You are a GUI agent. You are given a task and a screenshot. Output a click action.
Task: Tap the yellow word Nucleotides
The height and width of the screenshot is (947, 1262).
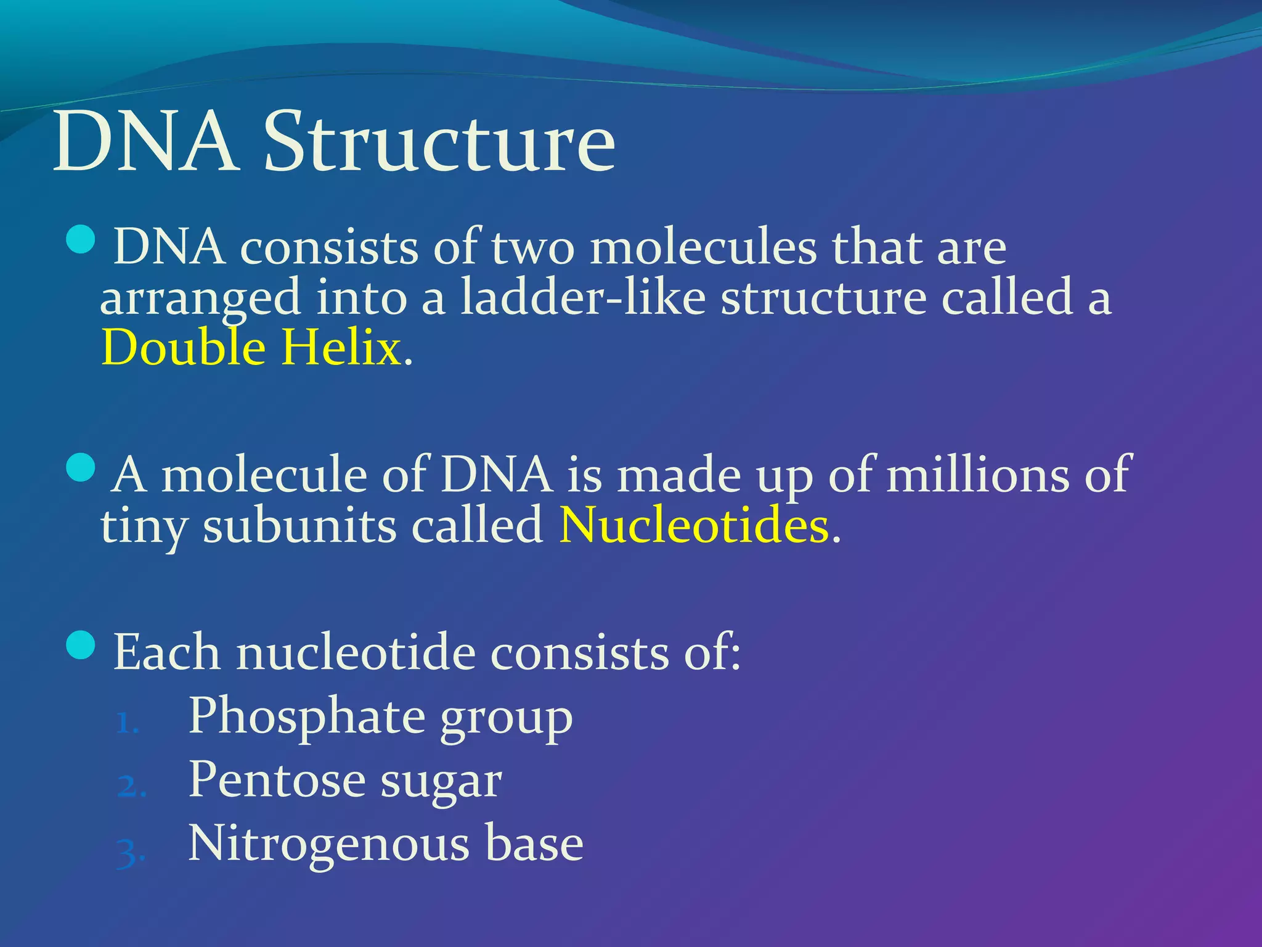pyautogui.click(x=694, y=526)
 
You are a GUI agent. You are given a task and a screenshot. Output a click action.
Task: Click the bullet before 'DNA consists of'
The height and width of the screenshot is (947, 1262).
pyautogui.click(x=81, y=240)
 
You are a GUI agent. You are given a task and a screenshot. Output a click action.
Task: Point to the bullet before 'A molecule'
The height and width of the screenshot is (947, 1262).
pyautogui.click(x=81, y=467)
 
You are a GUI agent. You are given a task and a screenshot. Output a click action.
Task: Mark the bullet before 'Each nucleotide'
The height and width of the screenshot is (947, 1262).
pyautogui.click(x=81, y=645)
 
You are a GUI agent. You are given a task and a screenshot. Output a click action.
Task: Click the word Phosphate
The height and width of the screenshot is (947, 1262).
pyautogui.click(x=306, y=717)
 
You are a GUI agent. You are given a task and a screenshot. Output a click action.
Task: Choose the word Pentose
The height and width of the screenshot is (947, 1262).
pyautogui.click(x=277, y=781)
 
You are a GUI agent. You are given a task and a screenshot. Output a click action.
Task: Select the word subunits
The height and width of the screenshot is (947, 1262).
pyautogui.click(x=299, y=527)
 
